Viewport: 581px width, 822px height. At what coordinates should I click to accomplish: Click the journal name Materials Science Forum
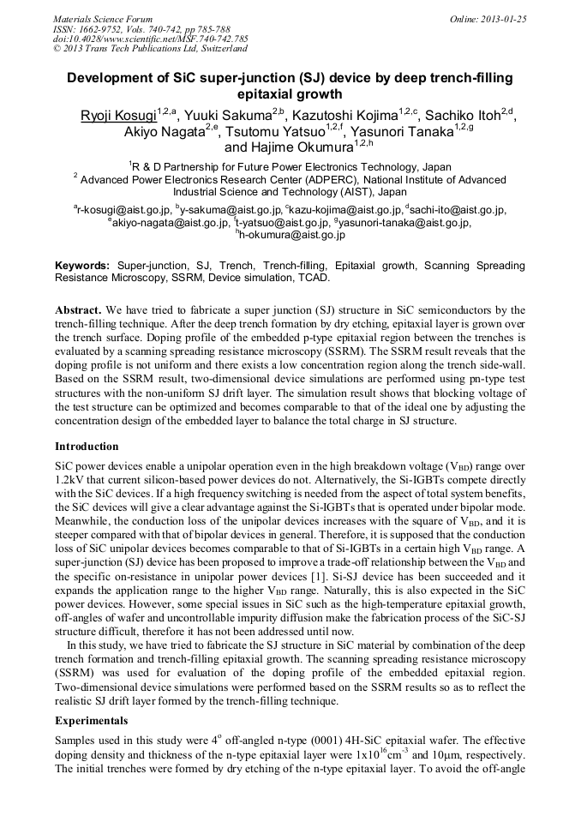pos(103,18)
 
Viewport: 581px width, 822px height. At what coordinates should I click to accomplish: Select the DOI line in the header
pos(150,39)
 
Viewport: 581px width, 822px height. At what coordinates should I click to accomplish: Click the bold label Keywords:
pos(82,267)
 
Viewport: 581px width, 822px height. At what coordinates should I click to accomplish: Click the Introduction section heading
pos(87,446)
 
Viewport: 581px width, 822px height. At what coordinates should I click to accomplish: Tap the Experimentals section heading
pos(92,722)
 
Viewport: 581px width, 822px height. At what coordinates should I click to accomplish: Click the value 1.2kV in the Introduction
pos(69,477)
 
